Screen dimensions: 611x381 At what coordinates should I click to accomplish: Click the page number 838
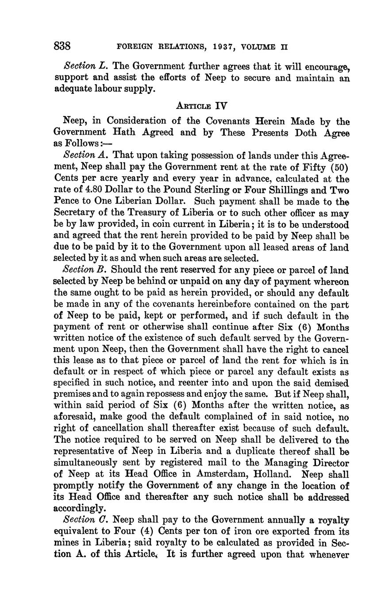tap(62, 46)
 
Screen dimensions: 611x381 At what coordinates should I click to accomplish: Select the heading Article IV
tap(201, 106)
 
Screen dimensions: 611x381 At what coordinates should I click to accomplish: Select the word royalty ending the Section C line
tap(334, 519)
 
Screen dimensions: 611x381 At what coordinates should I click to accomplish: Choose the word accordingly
tap(80, 508)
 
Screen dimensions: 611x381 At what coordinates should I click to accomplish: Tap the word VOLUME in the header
tap(257, 46)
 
